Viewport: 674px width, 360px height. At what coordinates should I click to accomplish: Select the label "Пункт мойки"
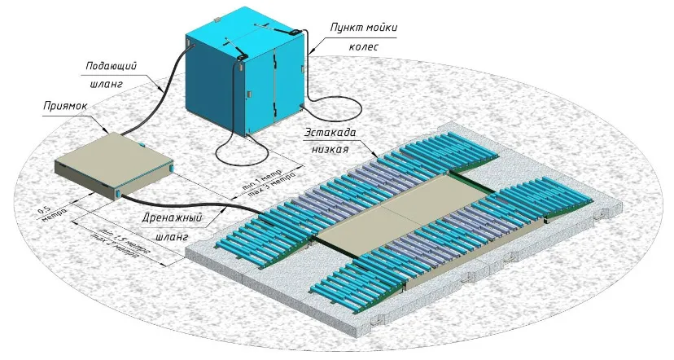coord(364,28)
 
